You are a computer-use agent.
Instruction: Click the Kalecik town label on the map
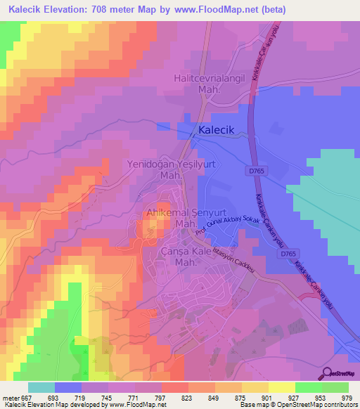click(221, 130)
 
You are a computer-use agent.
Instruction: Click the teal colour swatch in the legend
click(41, 387)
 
